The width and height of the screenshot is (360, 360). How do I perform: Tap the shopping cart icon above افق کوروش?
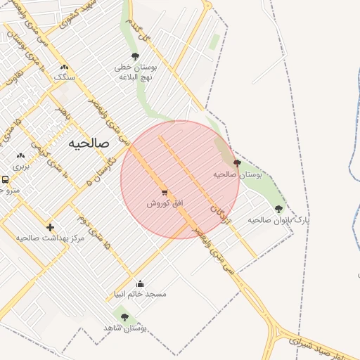coord(165,192)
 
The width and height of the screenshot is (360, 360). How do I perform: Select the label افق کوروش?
coord(165,202)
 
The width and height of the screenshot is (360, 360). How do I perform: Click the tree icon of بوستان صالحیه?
coord(236,162)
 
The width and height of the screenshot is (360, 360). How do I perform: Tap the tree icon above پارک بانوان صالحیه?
coord(278,209)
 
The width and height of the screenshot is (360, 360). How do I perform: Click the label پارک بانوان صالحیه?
coord(278,219)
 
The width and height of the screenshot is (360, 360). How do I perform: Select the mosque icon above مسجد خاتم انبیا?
coord(140,283)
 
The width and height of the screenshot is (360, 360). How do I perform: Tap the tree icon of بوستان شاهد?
coord(125,317)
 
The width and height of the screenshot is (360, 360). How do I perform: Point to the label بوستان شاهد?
coord(124,328)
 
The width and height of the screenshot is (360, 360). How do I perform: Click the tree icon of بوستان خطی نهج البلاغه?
coord(135,56)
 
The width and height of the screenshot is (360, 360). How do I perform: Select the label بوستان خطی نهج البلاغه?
coord(135,72)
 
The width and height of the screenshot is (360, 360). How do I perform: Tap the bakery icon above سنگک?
coord(64,67)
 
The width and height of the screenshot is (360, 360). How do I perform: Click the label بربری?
coord(20,167)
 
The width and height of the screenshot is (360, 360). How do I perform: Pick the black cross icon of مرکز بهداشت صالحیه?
coord(50,227)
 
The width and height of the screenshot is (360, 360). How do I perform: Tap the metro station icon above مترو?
coord(5,179)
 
